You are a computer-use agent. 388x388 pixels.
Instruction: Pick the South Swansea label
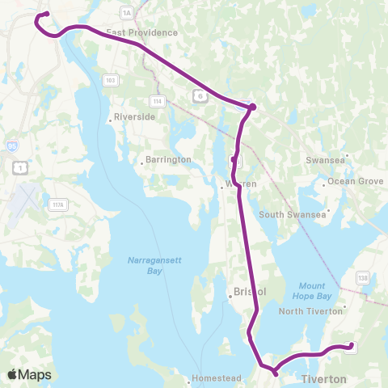point(292,214)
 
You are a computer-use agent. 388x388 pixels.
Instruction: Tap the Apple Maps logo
point(29,374)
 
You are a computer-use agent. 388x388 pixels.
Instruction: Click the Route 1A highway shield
point(125,13)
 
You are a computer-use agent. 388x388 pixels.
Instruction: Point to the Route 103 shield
point(111,80)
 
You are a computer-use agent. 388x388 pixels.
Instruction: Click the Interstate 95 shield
point(11,146)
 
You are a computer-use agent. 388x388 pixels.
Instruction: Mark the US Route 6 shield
point(199,95)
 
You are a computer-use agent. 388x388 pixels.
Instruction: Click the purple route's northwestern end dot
point(47,14)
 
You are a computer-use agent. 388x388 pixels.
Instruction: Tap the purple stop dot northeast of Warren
point(252,107)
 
